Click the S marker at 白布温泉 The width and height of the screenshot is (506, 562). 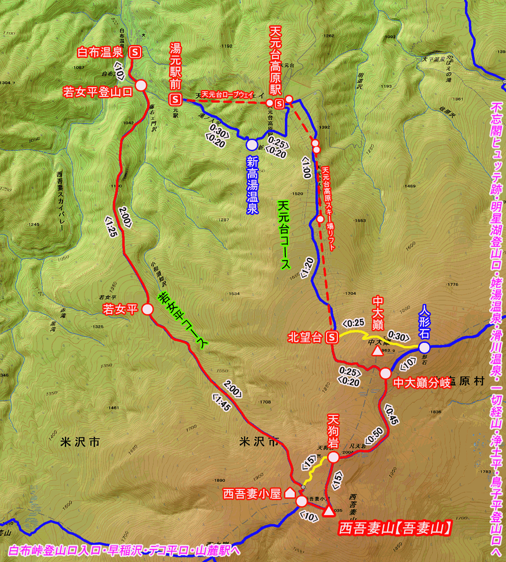pos(136,52)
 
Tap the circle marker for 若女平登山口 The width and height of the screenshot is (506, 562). pos(141,85)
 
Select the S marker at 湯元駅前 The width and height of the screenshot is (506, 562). pos(175,99)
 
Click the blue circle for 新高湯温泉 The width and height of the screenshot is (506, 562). pos(253,145)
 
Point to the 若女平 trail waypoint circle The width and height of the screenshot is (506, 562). pos(147,309)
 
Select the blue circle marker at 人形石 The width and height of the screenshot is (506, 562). pos(424,348)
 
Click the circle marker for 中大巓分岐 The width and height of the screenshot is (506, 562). pos(385,373)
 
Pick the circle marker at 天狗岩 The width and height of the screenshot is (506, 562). pos(333,457)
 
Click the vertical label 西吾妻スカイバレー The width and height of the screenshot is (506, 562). pos(60,201)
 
